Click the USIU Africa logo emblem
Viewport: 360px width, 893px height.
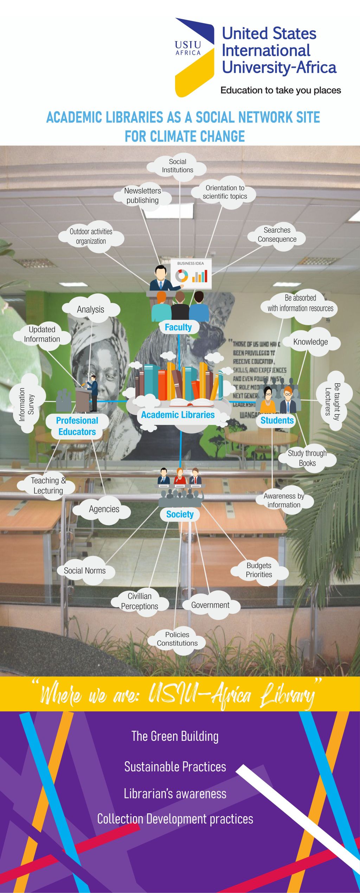pyautogui.click(x=194, y=57)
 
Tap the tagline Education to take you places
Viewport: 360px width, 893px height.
pyautogui.click(x=281, y=90)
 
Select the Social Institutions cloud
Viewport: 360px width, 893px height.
pyautogui.click(x=178, y=166)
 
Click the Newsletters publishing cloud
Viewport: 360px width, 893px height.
pyautogui.click(x=142, y=196)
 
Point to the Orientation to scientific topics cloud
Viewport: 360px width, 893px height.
pyautogui.click(x=225, y=192)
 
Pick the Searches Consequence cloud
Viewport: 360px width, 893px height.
pyautogui.click(x=277, y=235)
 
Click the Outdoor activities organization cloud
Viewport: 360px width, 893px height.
pyautogui.click(x=91, y=237)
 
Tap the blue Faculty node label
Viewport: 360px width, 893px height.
pyautogui.click(x=178, y=327)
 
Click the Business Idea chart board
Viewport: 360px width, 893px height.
pyautogui.click(x=191, y=273)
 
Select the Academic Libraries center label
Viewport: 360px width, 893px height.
pyautogui.click(x=178, y=415)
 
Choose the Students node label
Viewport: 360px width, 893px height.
pyautogui.click(x=277, y=420)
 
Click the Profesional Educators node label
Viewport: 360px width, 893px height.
pyautogui.click(x=77, y=426)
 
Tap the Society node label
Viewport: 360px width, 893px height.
pyautogui.click(x=180, y=515)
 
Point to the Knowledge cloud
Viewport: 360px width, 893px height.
pyautogui.click(x=310, y=342)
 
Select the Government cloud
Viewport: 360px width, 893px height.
pyautogui.click(x=210, y=605)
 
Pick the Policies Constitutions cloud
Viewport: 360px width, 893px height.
pyautogui.click(x=177, y=639)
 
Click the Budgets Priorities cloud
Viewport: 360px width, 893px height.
pyautogui.click(x=259, y=570)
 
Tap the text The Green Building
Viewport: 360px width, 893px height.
pyautogui.click(x=175, y=736)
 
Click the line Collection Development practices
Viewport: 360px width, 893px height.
pyautogui.click(x=175, y=819)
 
